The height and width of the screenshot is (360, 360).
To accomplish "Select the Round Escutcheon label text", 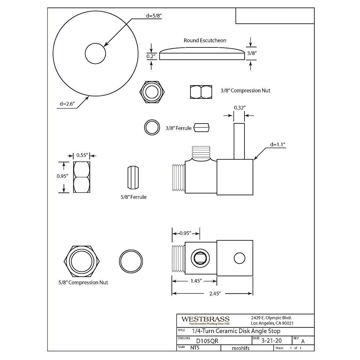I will pyautogui.click(x=205, y=40).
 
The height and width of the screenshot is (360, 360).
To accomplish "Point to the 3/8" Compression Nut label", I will pyautogui.click(x=245, y=90).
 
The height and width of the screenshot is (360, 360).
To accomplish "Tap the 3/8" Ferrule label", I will pyautogui.click(x=178, y=128).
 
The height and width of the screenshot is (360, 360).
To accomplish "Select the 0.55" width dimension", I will pyautogui.click(x=82, y=155).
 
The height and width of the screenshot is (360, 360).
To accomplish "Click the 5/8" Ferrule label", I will pyautogui.click(x=133, y=197).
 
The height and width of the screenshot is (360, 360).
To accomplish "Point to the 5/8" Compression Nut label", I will pyautogui.click(x=83, y=282).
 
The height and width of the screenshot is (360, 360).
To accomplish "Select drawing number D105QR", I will pyautogui.click(x=207, y=341).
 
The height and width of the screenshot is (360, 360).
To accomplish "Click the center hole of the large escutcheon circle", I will pyautogui.click(x=95, y=54).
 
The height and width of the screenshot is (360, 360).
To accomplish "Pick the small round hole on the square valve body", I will pyautogui.click(x=239, y=258).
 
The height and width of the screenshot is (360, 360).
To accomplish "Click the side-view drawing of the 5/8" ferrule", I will pyautogui.click(x=133, y=177).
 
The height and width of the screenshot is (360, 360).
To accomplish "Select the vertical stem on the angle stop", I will pyautogui.click(x=239, y=141).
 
